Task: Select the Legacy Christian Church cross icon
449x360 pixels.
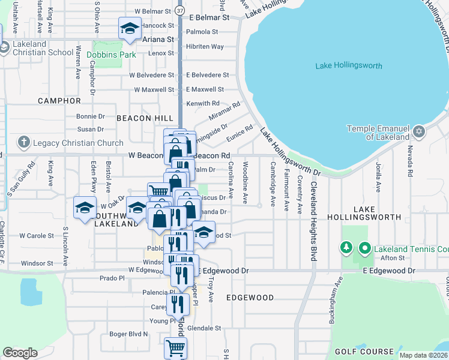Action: [23, 142]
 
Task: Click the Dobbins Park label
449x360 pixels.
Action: [111, 55]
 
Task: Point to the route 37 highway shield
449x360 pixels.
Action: [181, 11]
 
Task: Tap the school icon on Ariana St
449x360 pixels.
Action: [130, 28]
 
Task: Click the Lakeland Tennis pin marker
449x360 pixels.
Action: [364, 248]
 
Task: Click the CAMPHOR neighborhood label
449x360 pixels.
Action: [59, 101]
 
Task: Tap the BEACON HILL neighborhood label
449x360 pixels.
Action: [144, 118]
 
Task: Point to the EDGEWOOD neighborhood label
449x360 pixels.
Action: [250, 298]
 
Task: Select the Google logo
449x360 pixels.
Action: [20, 353]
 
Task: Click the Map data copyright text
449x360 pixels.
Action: [423, 355]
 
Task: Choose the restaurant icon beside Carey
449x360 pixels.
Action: [178, 303]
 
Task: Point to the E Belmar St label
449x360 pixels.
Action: [209, 17]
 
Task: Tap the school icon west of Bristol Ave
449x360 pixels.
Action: [85, 207]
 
